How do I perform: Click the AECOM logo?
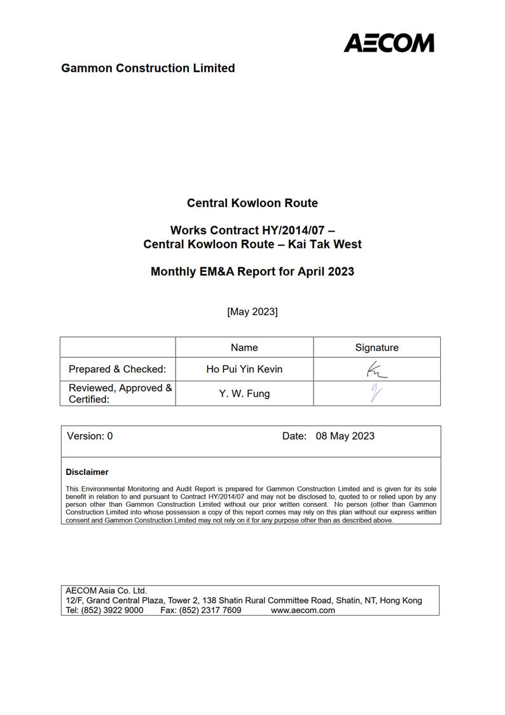click(389, 43)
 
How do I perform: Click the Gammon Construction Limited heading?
click(148, 68)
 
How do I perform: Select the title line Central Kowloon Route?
click(252, 203)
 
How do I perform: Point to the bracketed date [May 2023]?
click(252, 311)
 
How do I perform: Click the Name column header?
click(244, 348)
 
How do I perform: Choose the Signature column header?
click(377, 348)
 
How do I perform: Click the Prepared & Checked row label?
click(117, 369)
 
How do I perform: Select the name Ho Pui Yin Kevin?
click(244, 369)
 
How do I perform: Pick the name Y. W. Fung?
click(244, 393)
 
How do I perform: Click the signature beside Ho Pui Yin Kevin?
click(376, 370)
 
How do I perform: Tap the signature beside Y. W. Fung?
click(376, 393)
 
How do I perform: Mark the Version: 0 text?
click(90, 436)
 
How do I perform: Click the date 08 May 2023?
click(345, 436)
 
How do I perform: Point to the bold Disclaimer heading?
click(87, 472)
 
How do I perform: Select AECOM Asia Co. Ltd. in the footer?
click(106, 591)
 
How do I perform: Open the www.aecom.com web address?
click(303, 610)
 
